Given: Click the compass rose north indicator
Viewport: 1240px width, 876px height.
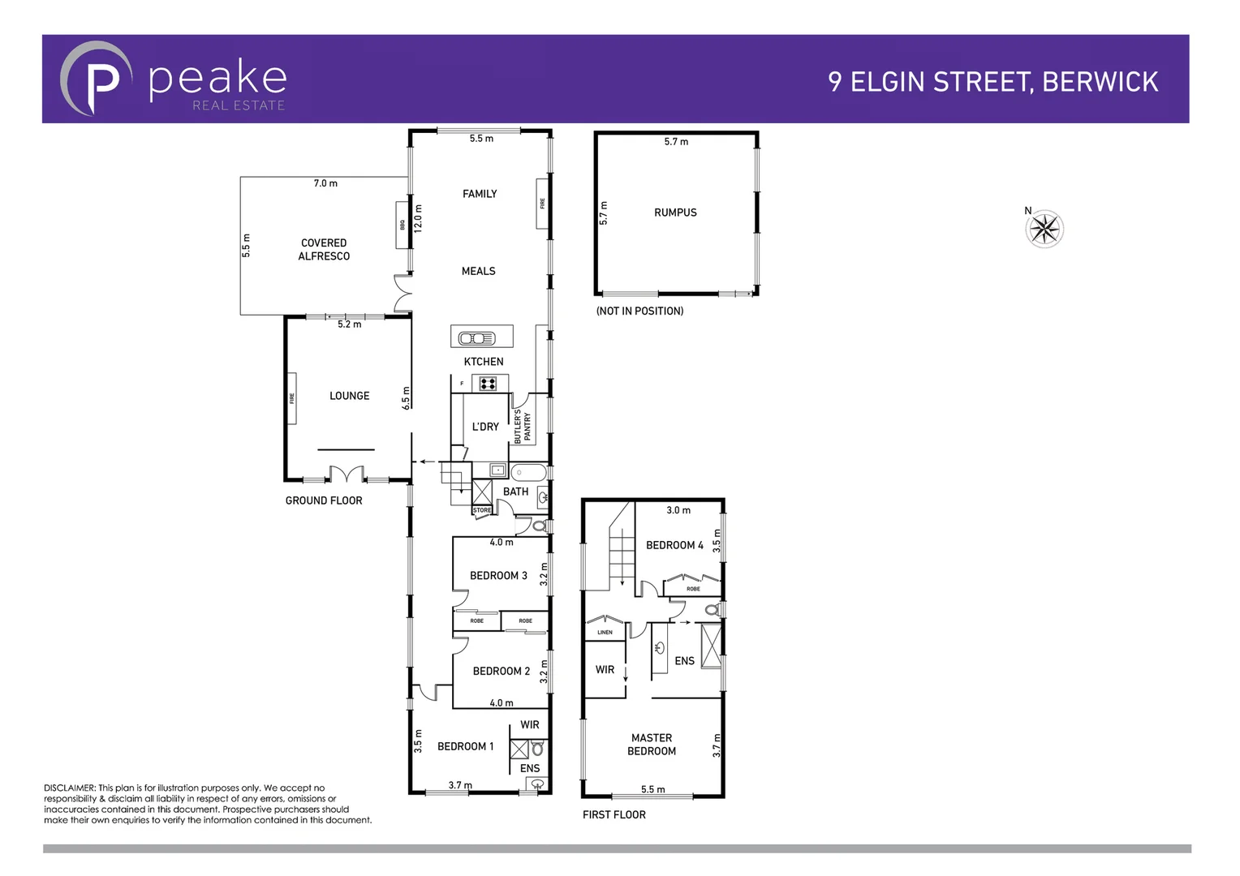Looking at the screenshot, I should coord(1044,229).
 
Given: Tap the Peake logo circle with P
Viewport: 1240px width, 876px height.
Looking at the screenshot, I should coord(96,79).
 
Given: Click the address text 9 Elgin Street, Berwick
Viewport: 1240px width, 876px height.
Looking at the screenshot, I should coord(992,82).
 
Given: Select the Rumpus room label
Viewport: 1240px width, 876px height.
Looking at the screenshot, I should coord(675,213).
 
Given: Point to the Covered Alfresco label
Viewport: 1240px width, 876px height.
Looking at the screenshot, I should coord(324,249).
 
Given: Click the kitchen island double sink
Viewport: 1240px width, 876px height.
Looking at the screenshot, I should coord(477,338).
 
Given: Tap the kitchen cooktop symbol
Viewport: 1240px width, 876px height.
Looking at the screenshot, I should coord(488,384).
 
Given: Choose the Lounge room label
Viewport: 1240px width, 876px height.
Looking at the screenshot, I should coord(349,396).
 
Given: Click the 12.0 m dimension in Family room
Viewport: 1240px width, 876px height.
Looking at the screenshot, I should coord(419,218).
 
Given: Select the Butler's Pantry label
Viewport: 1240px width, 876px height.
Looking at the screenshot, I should coord(522,426).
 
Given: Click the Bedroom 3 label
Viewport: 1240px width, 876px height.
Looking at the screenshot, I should coord(498,576).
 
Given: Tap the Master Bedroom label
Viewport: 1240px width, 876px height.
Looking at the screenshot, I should coord(652,745).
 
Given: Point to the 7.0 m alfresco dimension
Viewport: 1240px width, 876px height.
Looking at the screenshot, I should coord(325,183).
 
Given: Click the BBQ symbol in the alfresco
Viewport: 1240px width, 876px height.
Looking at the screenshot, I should coord(401,225).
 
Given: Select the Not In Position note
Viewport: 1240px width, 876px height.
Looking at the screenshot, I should coord(639,311).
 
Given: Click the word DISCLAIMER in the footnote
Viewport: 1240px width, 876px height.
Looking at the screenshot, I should coord(70,788).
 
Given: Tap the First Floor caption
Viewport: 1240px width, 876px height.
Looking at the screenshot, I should coord(614,814).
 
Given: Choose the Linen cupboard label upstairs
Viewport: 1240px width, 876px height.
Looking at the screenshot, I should coord(605,632).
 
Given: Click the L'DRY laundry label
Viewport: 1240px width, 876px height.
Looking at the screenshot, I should coord(485,427).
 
